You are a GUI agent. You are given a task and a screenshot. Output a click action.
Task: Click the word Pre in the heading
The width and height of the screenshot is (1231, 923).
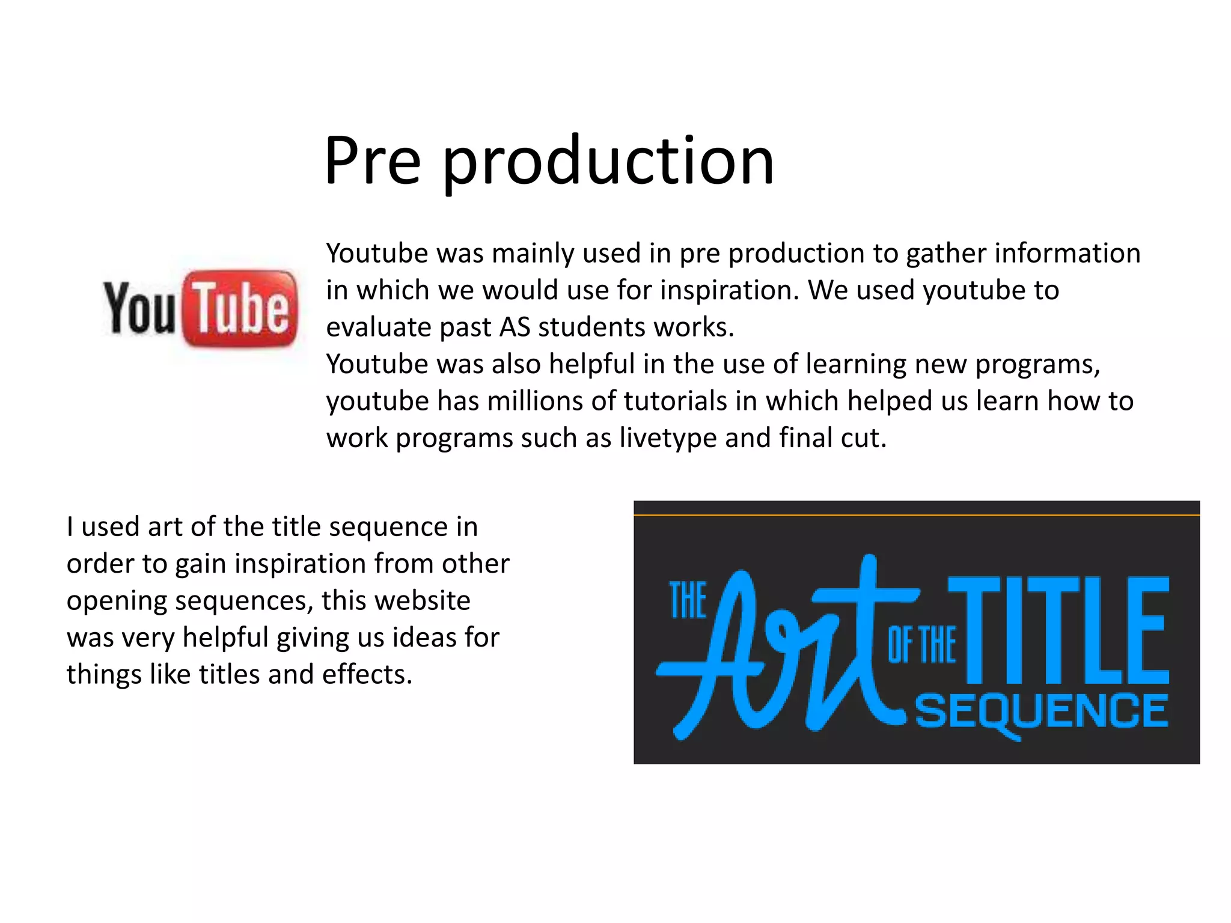point(372,160)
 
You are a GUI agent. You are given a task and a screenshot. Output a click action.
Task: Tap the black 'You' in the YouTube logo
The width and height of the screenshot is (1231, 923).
point(139,308)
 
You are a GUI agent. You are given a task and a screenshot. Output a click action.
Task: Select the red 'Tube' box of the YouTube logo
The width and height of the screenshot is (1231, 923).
point(240,308)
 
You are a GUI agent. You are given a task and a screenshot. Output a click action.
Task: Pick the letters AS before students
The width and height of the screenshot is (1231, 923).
point(515,327)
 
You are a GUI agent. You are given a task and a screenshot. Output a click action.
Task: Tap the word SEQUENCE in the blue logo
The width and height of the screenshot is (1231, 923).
point(1041,712)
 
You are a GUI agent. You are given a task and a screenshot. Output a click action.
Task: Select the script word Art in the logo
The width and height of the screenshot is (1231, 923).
point(781,649)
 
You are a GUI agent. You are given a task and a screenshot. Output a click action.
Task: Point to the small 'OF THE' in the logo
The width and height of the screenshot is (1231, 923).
point(921,645)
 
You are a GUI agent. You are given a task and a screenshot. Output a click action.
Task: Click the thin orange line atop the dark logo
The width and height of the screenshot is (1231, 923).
point(916,516)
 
